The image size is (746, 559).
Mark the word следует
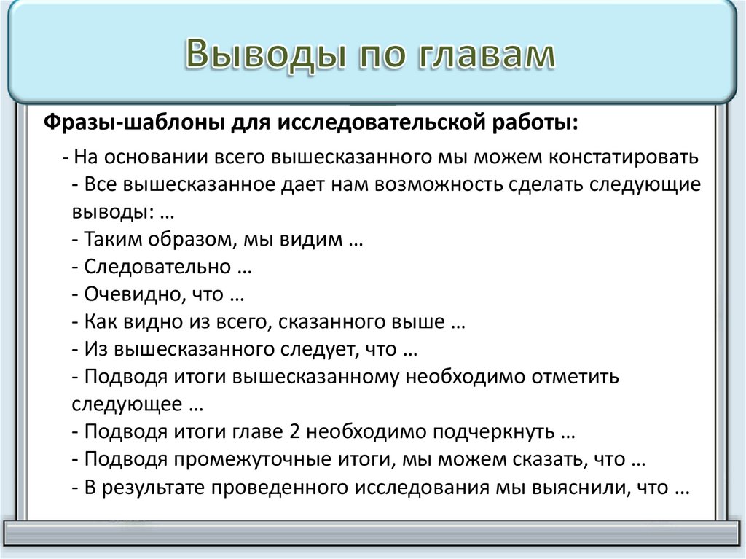[318, 350]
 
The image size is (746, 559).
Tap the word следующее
[127, 404]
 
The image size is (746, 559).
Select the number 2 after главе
[294, 432]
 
